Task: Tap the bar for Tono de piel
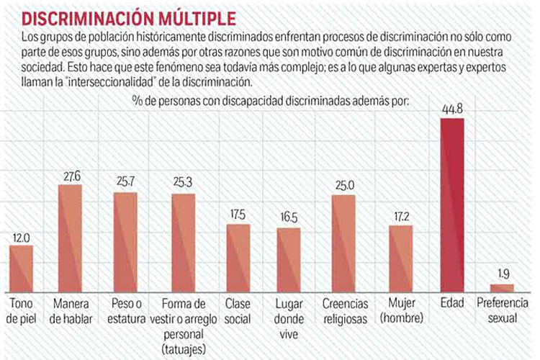(x=22, y=267)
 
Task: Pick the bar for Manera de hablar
(x=70, y=238)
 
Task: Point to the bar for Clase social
(x=238, y=257)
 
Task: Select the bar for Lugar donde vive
(x=289, y=258)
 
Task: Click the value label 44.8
(x=452, y=109)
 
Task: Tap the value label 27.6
(x=70, y=176)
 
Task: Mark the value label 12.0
(x=22, y=237)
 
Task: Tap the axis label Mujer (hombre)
(x=401, y=308)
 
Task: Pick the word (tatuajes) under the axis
(x=184, y=347)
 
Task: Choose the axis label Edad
(x=452, y=302)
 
